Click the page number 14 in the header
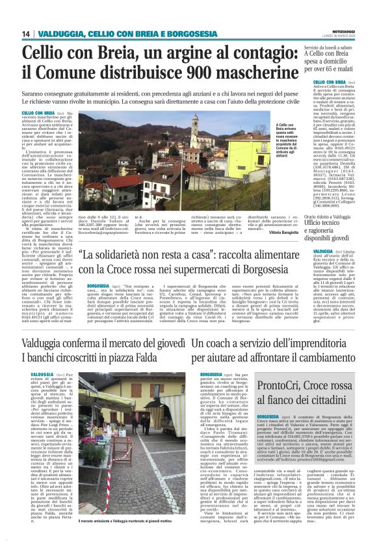click(25, 34)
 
